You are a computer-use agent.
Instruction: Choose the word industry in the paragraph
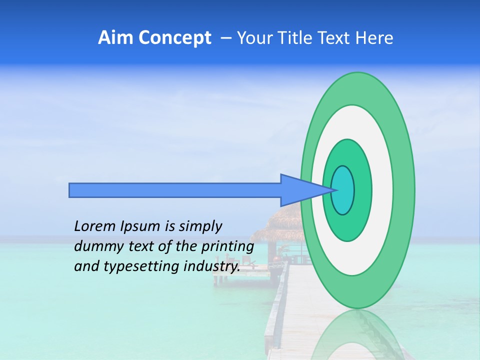point(211,267)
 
